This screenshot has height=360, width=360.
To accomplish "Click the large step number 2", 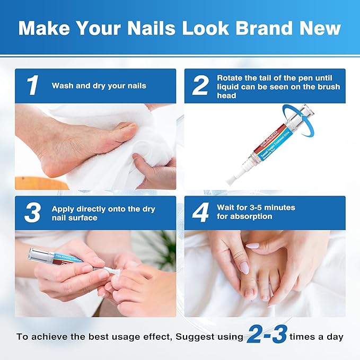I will [x=200, y=85].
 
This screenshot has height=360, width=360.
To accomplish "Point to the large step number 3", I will [x=32, y=213].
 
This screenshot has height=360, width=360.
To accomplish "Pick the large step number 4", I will [x=200, y=213].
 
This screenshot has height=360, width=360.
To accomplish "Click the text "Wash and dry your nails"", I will [x=99, y=85].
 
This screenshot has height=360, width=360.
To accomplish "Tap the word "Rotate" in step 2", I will [x=230, y=77].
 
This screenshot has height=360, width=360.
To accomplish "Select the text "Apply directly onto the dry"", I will [x=103, y=209].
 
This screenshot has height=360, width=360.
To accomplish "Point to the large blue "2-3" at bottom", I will [x=267, y=335].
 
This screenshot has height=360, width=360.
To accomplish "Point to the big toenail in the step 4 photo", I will [x=248, y=292].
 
